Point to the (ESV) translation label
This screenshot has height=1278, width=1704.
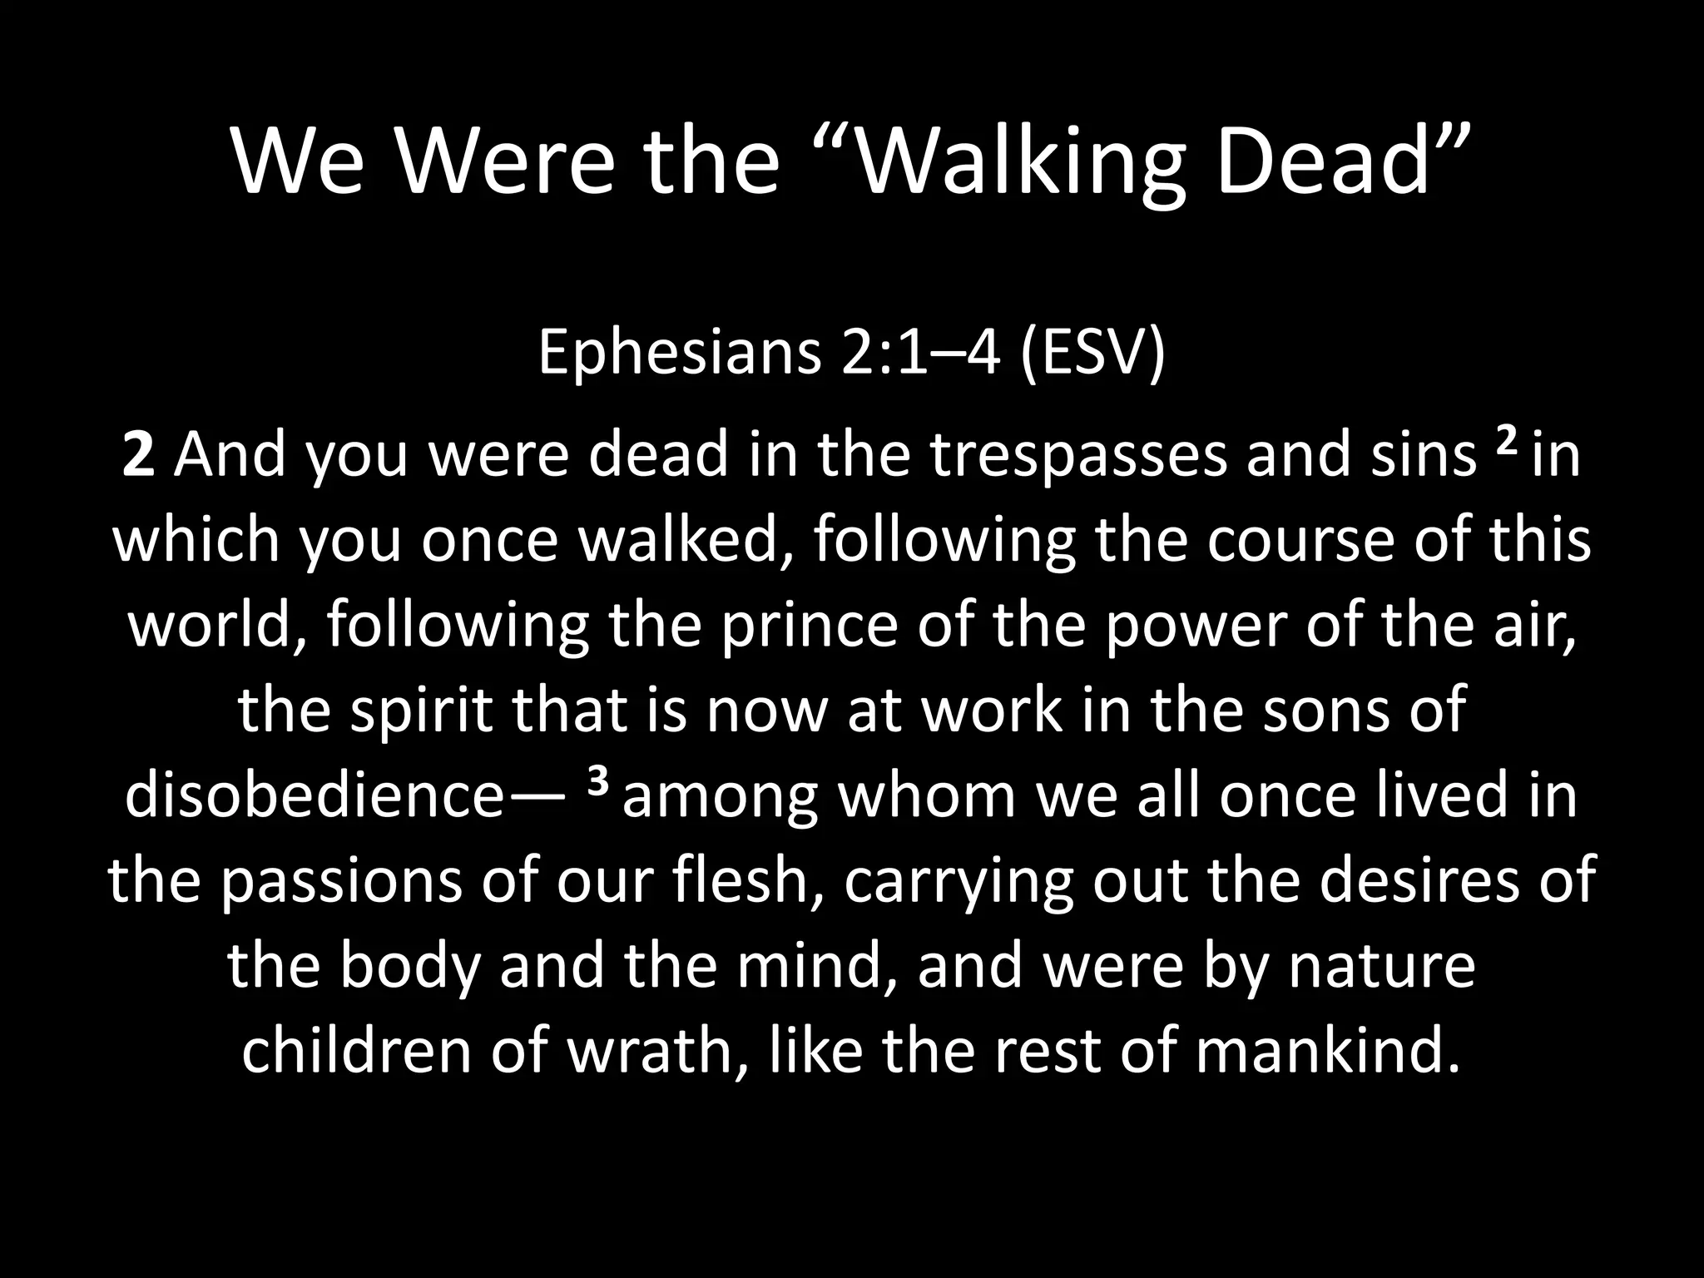coord(1091,352)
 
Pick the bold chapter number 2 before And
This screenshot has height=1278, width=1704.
coord(138,457)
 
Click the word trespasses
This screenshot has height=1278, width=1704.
coord(1077,457)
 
